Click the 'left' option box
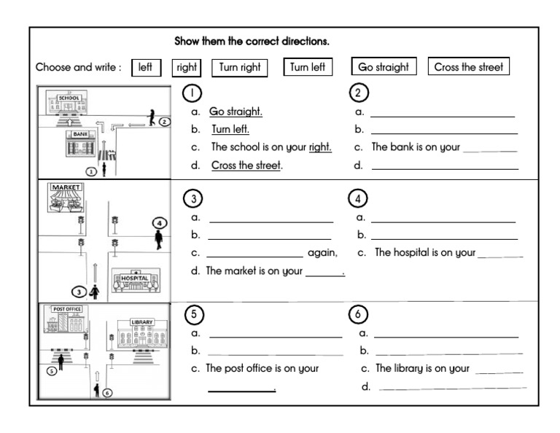(x=145, y=68)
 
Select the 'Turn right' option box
(x=240, y=68)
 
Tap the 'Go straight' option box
(x=384, y=68)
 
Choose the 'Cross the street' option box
(x=468, y=68)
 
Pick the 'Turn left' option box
(x=308, y=68)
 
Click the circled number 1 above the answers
(x=192, y=93)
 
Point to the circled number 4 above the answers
(x=358, y=198)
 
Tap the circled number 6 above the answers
(x=358, y=314)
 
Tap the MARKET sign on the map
(x=66, y=187)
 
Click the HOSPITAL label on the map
(x=134, y=278)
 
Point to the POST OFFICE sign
(x=63, y=309)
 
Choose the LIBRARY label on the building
(x=142, y=321)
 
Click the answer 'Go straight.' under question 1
(x=236, y=112)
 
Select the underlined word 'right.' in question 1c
(x=320, y=147)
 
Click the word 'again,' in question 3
(x=322, y=253)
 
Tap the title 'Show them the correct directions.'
(x=252, y=41)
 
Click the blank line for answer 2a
(x=442, y=114)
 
